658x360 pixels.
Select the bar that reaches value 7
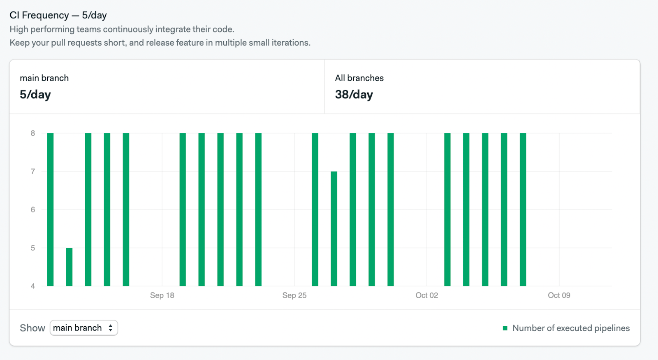point(334,228)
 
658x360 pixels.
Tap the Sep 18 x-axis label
point(162,295)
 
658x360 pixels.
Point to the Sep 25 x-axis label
point(294,295)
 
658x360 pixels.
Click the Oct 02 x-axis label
point(427,295)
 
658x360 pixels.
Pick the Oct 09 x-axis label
point(559,295)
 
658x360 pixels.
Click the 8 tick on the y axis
point(33,133)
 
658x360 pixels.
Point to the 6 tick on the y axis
point(33,210)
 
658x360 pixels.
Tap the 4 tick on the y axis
point(33,286)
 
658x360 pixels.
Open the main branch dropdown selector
point(84,328)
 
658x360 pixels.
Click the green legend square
point(505,328)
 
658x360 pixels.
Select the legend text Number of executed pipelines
point(571,328)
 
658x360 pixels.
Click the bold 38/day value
point(354,95)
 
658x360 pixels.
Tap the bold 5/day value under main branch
point(35,95)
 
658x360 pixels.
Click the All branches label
point(359,78)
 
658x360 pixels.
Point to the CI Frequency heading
point(58,15)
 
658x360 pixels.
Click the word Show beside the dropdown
point(32,328)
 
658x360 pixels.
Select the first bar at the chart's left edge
point(51,210)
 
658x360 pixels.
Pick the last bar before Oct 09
point(523,210)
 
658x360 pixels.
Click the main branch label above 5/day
point(44,78)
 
